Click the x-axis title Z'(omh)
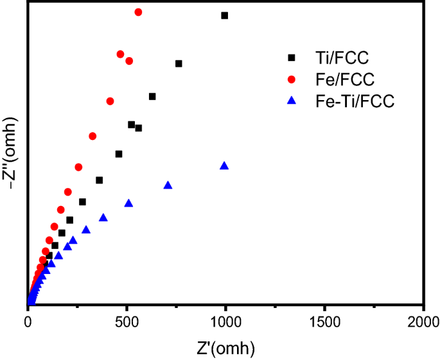(x=225, y=348)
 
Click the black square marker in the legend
(x=292, y=58)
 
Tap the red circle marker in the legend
(x=292, y=80)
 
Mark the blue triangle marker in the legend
(x=292, y=101)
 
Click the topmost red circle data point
(x=138, y=12)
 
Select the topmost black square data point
(x=225, y=15)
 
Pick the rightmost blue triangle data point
(x=224, y=166)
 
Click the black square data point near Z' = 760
(x=179, y=64)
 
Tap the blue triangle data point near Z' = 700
(x=168, y=185)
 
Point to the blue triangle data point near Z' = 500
(x=128, y=203)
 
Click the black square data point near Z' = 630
(x=152, y=96)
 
